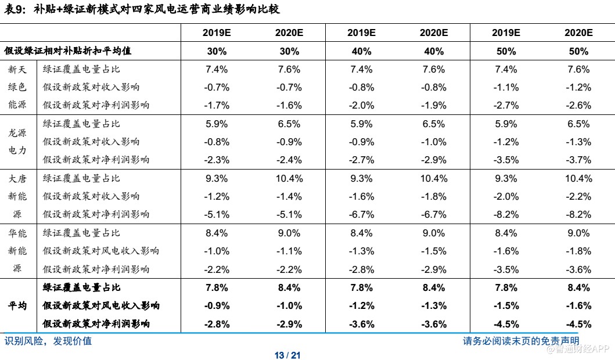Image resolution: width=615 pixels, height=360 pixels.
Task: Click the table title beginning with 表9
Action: pos(142,9)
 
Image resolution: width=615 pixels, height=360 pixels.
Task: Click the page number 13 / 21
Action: pos(287,355)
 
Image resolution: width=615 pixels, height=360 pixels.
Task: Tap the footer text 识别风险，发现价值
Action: pos(48,341)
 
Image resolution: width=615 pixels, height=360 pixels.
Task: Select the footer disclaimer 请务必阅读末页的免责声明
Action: pos(521,341)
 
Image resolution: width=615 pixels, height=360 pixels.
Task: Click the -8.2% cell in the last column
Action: pos(578,214)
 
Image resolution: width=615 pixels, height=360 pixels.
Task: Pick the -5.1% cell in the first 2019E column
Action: pos(217,214)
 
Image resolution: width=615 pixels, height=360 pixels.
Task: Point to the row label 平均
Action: pos(17,305)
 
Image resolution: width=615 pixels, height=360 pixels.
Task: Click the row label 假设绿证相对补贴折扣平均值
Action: pos(68,51)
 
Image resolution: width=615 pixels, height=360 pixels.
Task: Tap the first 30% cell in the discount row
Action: pos(217,51)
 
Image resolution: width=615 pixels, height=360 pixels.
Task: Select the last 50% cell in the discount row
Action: pos(578,51)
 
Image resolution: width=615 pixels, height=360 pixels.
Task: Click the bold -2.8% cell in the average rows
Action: pos(217,323)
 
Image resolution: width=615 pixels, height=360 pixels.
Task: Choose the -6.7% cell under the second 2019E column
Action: pos(361,214)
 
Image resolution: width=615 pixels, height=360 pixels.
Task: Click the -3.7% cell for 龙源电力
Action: pos(578,160)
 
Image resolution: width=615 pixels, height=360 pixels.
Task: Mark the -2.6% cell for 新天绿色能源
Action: pos(578,105)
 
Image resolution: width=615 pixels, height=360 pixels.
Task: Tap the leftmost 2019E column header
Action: pos(217,33)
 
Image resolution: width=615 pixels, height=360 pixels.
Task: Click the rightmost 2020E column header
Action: pos(578,33)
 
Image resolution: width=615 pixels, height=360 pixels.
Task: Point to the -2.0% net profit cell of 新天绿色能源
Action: pos(361,105)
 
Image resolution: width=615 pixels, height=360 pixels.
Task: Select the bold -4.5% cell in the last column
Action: pos(578,323)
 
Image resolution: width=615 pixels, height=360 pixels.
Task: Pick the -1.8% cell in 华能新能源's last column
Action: pos(578,251)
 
